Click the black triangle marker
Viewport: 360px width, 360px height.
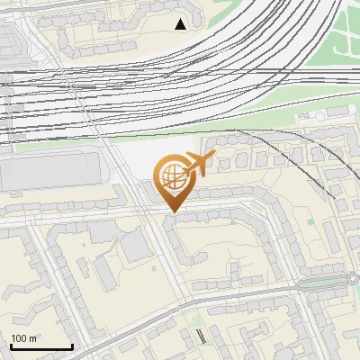[181, 24]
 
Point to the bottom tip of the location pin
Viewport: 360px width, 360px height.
[172, 212]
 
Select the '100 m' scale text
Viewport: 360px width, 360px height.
[23, 337]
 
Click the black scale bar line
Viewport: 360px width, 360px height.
[41, 346]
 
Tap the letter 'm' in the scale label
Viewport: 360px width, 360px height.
[32, 337]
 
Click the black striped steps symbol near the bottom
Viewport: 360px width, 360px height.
[200, 337]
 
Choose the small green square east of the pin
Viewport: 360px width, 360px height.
[310, 220]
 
